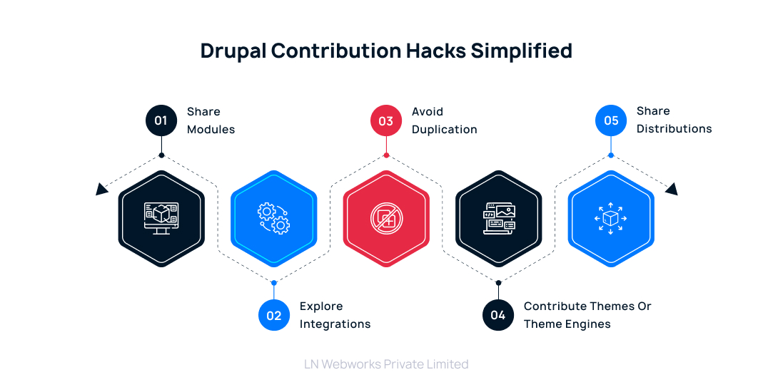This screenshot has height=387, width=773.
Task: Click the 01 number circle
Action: (x=161, y=120)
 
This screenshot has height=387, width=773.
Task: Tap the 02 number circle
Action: (x=274, y=316)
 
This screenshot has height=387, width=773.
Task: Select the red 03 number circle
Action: (x=386, y=120)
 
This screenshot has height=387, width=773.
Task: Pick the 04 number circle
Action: (x=498, y=316)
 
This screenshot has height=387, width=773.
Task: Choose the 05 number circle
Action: (x=611, y=120)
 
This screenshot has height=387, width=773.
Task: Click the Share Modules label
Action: (x=211, y=120)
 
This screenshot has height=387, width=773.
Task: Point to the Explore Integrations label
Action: (x=335, y=315)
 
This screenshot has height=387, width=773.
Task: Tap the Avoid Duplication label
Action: (x=444, y=120)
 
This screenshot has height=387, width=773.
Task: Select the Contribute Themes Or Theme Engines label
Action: (x=587, y=315)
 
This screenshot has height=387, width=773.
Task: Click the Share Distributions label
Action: (x=674, y=120)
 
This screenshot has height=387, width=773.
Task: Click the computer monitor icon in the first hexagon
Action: (x=161, y=219)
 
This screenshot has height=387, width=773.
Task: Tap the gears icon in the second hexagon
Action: (x=274, y=219)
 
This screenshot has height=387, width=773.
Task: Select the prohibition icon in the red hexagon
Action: (x=386, y=219)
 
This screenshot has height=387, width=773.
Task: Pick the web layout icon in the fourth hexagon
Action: (x=498, y=219)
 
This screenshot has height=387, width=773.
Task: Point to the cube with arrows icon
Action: (x=611, y=219)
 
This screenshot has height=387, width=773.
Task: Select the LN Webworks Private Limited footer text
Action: (x=386, y=364)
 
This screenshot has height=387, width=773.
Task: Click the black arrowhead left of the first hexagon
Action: (x=101, y=190)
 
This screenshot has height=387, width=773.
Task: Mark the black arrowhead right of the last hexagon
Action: (x=671, y=189)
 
